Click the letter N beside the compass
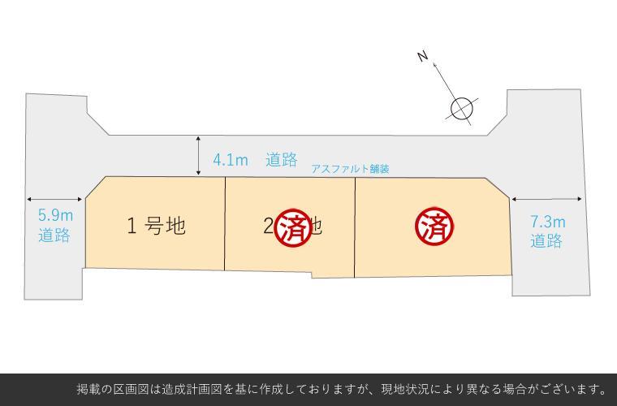tap(422, 55)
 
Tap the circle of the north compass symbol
tap(461, 108)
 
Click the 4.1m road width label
tap(231, 160)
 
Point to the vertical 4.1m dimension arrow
tap(199, 156)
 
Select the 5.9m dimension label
tap(55, 216)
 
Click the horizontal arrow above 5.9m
tap(55, 199)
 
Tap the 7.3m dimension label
tap(547, 221)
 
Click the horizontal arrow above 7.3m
tap(546, 199)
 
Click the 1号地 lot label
tap(156, 226)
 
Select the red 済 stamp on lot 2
tap(293, 227)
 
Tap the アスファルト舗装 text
tap(350, 169)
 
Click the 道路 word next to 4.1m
tap(281, 160)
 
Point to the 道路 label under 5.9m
tap(54, 235)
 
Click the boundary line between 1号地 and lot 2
tap(225, 223)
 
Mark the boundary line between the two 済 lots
tap(355, 227)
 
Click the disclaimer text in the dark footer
tap(342, 389)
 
